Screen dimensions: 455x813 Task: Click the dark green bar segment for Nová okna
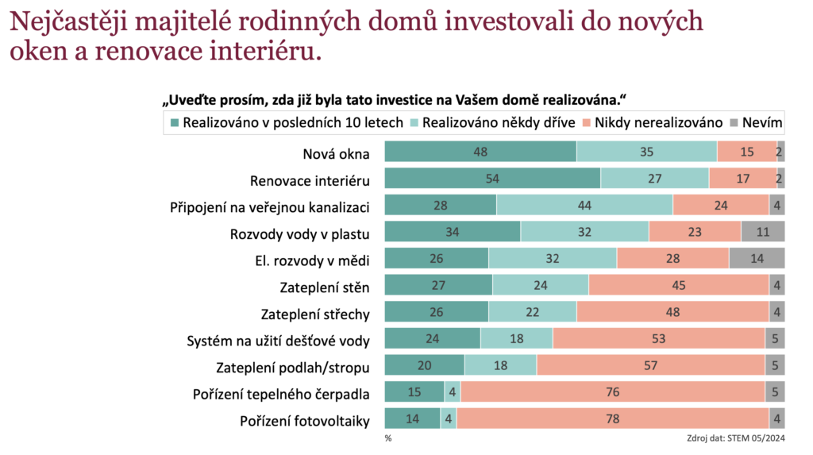pyautogui.click(x=480, y=152)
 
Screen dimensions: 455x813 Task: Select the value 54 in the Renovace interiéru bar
pyautogui.click(x=492, y=179)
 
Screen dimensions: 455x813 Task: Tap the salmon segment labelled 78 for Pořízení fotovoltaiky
pyautogui.click(x=613, y=419)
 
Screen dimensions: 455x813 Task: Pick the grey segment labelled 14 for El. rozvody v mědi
pyautogui.click(x=757, y=259)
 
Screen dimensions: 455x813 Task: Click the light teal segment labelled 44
pyautogui.click(x=584, y=206)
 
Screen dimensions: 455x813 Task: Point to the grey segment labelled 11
pyautogui.click(x=762, y=232)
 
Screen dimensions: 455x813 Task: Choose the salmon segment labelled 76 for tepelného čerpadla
pyautogui.click(x=612, y=392)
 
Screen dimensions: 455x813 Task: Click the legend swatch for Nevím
pyautogui.click(x=734, y=122)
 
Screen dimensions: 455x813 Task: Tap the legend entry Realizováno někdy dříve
pyautogui.click(x=493, y=122)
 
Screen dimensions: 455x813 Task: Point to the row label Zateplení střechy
pyautogui.click(x=315, y=313)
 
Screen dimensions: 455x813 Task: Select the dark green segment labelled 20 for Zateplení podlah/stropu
pyautogui.click(x=425, y=365)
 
